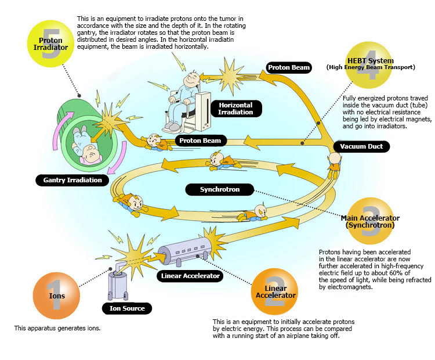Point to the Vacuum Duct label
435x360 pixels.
pos(362,146)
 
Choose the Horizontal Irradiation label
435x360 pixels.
pos(236,108)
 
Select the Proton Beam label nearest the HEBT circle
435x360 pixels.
pos(289,68)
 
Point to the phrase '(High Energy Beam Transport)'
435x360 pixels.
pos(378,67)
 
